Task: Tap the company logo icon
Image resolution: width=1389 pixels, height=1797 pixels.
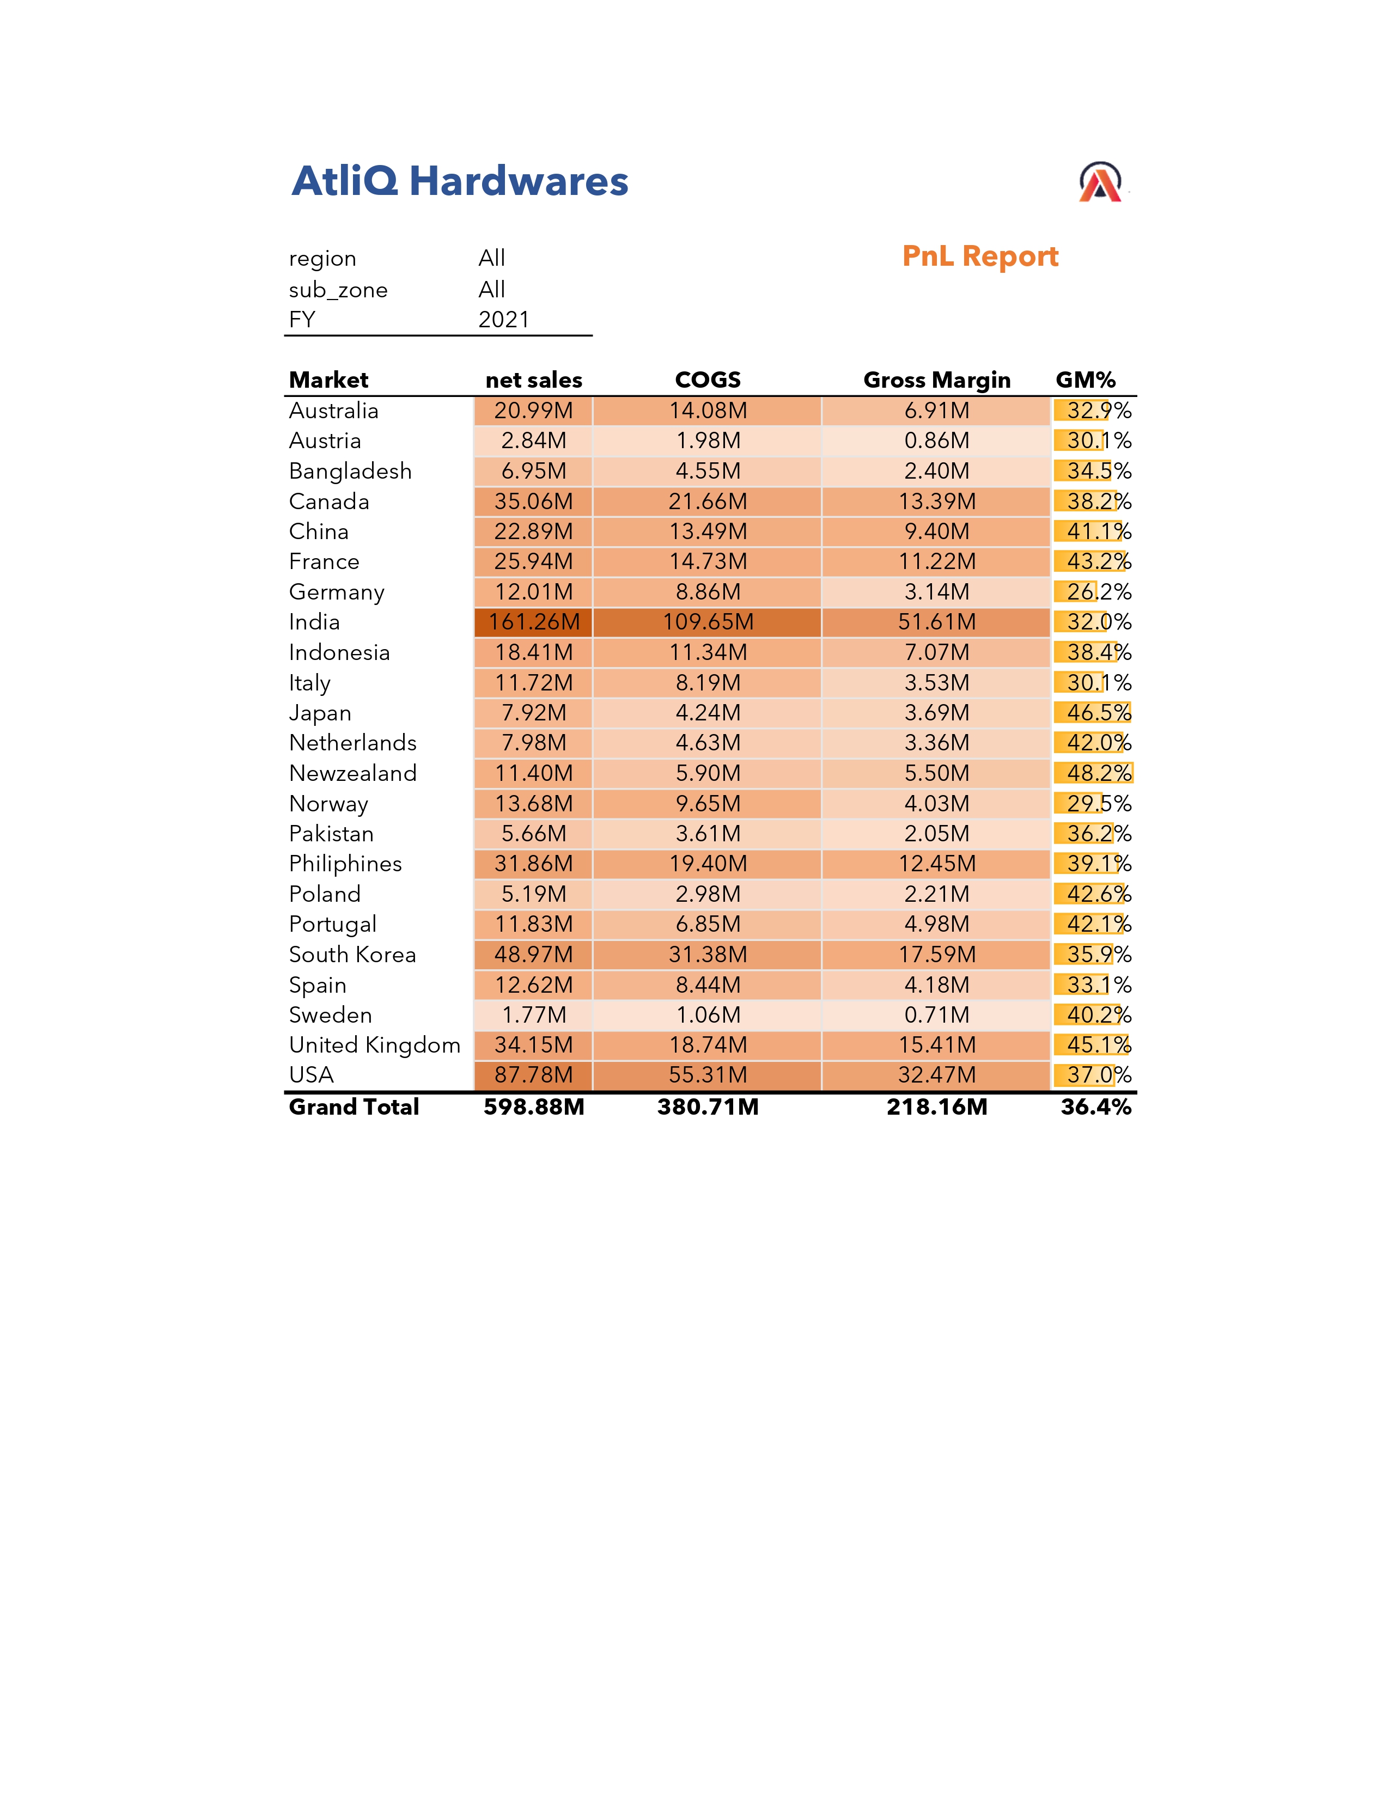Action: [1100, 182]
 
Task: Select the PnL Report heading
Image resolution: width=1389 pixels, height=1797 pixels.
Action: [979, 256]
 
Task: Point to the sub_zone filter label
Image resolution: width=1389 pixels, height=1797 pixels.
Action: [338, 290]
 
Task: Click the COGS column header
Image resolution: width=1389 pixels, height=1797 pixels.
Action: [708, 380]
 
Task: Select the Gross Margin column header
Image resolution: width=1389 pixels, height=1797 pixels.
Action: [936, 380]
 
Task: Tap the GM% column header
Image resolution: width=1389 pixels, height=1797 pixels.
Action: [1086, 380]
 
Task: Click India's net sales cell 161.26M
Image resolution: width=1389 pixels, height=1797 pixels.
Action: [534, 622]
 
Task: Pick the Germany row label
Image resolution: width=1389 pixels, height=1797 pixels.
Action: [337, 592]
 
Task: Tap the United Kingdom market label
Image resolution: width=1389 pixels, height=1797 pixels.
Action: [374, 1045]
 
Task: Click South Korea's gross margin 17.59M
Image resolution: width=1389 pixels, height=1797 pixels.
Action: [936, 955]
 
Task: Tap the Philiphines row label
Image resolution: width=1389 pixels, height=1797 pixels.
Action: [345, 864]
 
